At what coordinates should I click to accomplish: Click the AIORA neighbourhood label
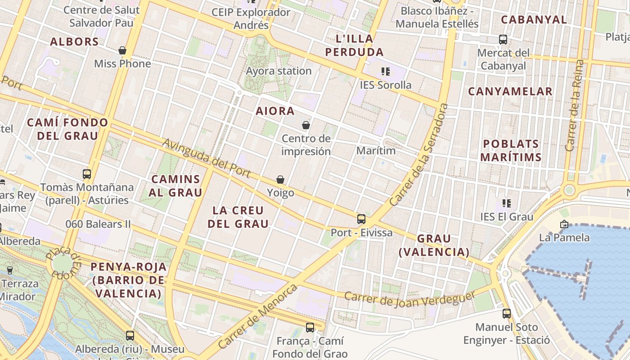[275, 111]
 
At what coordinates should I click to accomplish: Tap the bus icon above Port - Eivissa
[361, 219]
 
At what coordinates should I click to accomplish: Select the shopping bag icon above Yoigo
[280, 180]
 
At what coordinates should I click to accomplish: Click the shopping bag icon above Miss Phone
[122, 50]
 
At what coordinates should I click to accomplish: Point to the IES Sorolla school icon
[385, 71]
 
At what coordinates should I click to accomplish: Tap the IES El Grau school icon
[507, 203]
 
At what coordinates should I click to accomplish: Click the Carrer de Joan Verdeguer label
[410, 299]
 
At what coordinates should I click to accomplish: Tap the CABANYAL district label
[534, 19]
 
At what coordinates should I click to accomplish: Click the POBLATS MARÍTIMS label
[511, 150]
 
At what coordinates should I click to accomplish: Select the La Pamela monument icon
[564, 224]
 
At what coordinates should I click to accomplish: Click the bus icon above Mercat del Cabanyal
[503, 40]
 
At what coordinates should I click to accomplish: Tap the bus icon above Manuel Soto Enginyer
[507, 313]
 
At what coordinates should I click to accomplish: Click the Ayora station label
[279, 71]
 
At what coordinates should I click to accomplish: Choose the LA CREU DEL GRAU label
[238, 217]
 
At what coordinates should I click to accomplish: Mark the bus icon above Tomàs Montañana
[87, 174]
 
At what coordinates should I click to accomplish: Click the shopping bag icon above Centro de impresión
[306, 125]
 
